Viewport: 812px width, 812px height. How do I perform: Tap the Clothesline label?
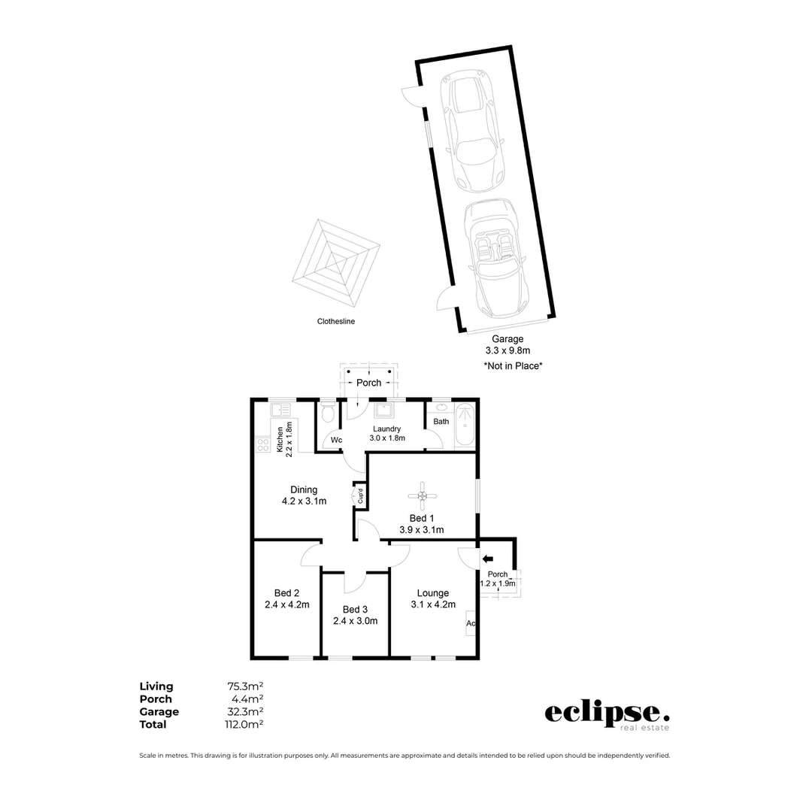[335, 321]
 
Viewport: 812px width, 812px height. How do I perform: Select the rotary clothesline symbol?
[336, 260]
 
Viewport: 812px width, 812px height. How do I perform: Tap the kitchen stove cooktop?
[263, 444]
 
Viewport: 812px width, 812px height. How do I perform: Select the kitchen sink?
[280, 411]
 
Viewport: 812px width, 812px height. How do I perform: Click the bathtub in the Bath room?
[465, 426]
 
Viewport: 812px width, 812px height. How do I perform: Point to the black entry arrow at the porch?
[487, 559]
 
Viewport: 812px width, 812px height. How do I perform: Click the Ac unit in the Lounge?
[471, 623]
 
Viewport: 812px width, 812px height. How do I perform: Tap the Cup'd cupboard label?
[360, 496]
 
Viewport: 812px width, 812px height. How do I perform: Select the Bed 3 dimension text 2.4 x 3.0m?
[355, 621]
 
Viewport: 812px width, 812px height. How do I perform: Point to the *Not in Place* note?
[513, 365]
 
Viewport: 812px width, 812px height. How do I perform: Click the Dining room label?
[304, 489]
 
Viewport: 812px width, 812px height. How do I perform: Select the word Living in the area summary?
[156, 686]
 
